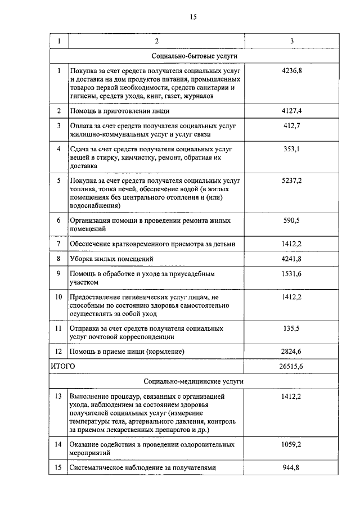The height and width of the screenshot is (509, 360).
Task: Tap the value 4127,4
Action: click(x=291, y=111)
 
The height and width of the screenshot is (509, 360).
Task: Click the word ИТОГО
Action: click(x=63, y=366)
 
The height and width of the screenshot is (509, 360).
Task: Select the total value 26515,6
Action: click(x=291, y=366)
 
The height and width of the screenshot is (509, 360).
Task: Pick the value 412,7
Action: click(x=291, y=125)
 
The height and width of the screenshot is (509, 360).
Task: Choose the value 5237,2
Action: click(x=291, y=181)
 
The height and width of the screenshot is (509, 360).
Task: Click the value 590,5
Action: click(x=291, y=220)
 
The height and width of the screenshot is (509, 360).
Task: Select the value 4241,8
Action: click(x=291, y=259)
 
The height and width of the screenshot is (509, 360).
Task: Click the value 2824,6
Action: click(x=291, y=352)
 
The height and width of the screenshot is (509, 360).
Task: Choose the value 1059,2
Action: click(x=291, y=444)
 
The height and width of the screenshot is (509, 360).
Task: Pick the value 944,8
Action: click(x=291, y=467)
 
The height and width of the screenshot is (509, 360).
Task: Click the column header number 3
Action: click(x=291, y=42)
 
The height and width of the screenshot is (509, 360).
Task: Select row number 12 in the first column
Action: click(x=59, y=352)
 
